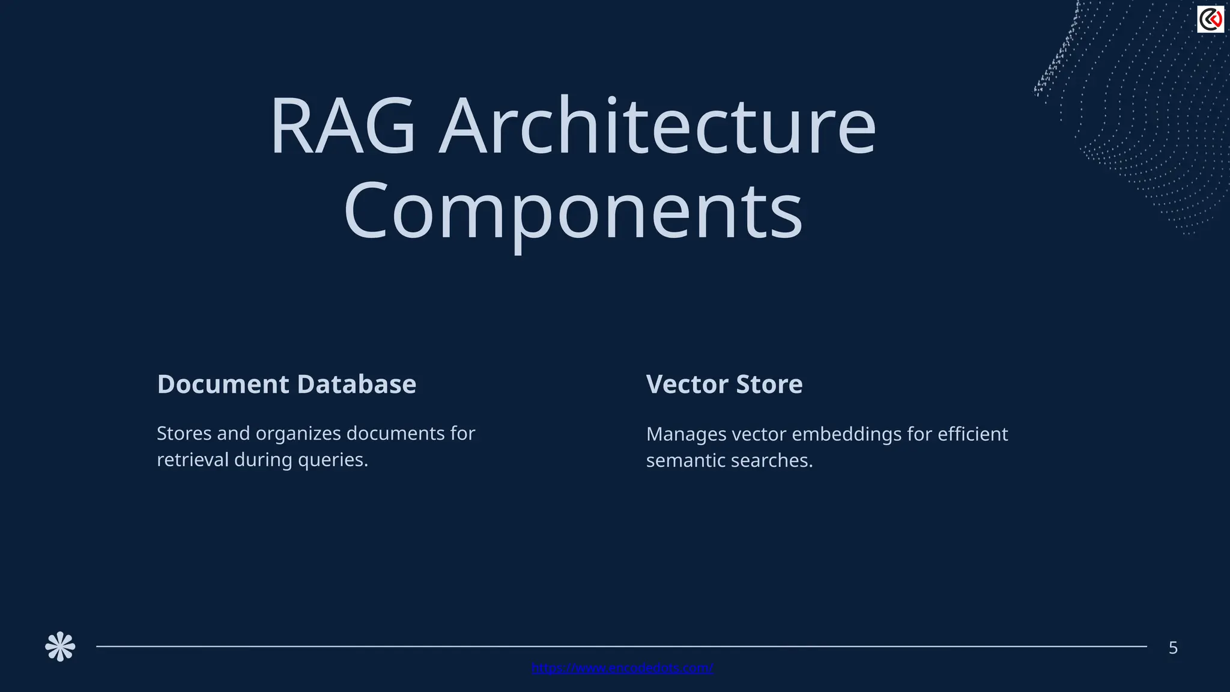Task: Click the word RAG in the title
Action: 343,127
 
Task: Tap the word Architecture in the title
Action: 658,127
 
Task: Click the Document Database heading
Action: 286,384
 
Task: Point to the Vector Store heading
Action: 724,384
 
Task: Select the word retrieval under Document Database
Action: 192,460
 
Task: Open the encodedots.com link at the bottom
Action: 622,668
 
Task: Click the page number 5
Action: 1173,648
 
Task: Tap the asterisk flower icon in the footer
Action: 60,647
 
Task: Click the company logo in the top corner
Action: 1210,19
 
